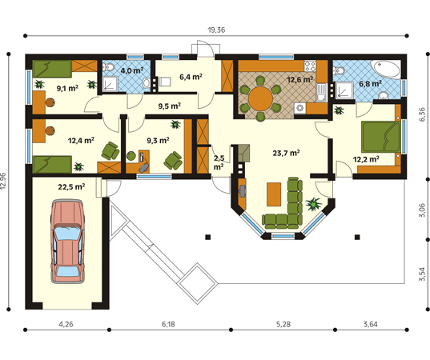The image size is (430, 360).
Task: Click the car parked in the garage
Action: [67, 242]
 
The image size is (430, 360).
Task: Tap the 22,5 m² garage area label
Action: [71, 187]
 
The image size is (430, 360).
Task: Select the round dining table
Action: [260, 98]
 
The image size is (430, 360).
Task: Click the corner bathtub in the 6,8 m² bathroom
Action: [386, 70]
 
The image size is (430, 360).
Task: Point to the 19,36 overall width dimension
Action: [216, 30]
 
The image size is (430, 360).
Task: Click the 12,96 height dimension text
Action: [3, 181]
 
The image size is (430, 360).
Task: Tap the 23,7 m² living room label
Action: [286, 153]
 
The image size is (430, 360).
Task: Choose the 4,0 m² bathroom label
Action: [132, 70]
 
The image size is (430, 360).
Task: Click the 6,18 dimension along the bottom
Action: [168, 324]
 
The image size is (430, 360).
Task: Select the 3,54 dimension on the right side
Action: [422, 274]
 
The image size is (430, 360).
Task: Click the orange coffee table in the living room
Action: [274, 194]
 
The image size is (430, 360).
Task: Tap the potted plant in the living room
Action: [314, 204]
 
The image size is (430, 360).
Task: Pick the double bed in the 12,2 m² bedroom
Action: [380, 137]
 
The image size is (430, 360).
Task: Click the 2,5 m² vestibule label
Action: [219, 162]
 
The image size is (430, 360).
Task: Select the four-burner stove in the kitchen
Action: [310, 66]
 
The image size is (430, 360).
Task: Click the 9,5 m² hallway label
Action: [170, 106]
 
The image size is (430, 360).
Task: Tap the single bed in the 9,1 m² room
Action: [52, 69]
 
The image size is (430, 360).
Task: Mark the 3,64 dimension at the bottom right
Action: [371, 324]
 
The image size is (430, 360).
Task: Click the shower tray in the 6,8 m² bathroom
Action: [344, 90]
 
